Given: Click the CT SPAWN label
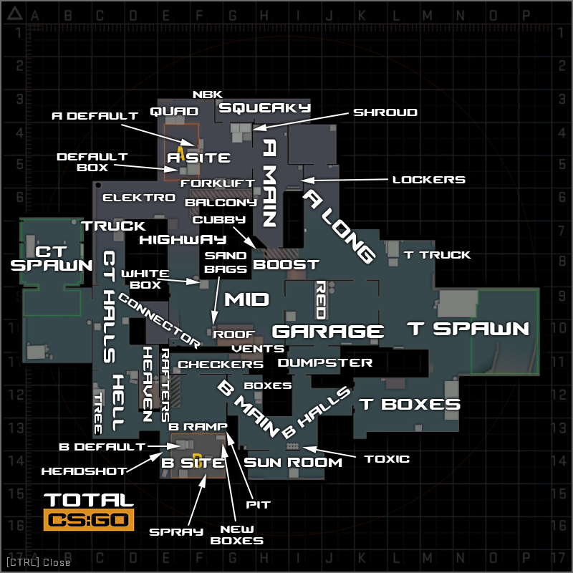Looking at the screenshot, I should pyautogui.click(x=52, y=258).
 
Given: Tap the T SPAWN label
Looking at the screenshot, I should pyautogui.click(x=468, y=329).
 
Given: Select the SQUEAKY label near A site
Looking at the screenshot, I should pyautogui.click(x=264, y=107).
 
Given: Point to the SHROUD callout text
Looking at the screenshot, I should pyautogui.click(x=385, y=112).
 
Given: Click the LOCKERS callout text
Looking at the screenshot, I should pyautogui.click(x=428, y=180).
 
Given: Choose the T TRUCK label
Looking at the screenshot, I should pyautogui.click(x=437, y=254).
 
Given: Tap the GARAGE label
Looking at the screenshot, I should pyautogui.click(x=328, y=332).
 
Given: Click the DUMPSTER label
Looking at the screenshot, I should pyautogui.click(x=324, y=363).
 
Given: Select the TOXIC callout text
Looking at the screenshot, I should pyautogui.click(x=387, y=458).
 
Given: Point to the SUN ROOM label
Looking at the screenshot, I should pyautogui.click(x=294, y=463).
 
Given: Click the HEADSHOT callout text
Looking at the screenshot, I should pyautogui.click(x=84, y=471).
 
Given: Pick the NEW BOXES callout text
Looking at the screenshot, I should pyautogui.click(x=237, y=535).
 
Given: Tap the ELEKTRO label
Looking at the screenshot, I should pyautogui.click(x=139, y=198).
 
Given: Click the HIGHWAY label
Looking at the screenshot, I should pyautogui.click(x=183, y=239).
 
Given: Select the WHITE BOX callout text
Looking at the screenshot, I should pyautogui.click(x=145, y=279).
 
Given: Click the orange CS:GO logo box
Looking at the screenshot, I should pyautogui.click(x=89, y=520).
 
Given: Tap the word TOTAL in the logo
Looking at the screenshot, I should pyautogui.click(x=89, y=500).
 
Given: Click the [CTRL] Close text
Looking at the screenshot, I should pyautogui.click(x=39, y=562).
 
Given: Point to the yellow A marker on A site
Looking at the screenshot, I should pyautogui.click(x=182, y=153).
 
